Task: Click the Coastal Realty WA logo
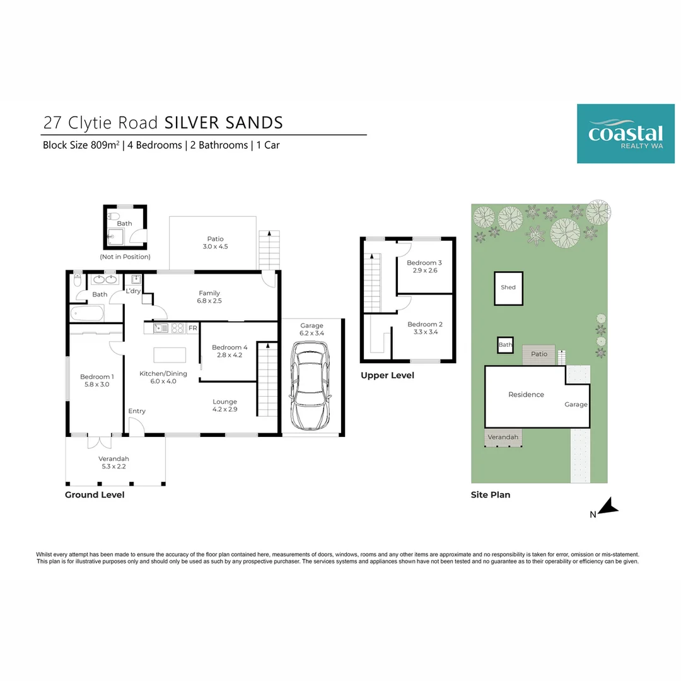point(625,133)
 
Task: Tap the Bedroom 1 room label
point(96,376)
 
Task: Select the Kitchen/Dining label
point(163,373)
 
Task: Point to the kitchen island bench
point(170,355)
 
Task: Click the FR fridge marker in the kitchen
point(192,328)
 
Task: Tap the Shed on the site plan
point(508,288)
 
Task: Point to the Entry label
point(137,411)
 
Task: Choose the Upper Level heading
point(387,375)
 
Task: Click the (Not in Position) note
point(125,257)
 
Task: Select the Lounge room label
point(224,402)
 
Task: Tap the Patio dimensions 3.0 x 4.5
point(216,247)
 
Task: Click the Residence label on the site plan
point(526,395)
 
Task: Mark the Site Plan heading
point(490,495)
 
